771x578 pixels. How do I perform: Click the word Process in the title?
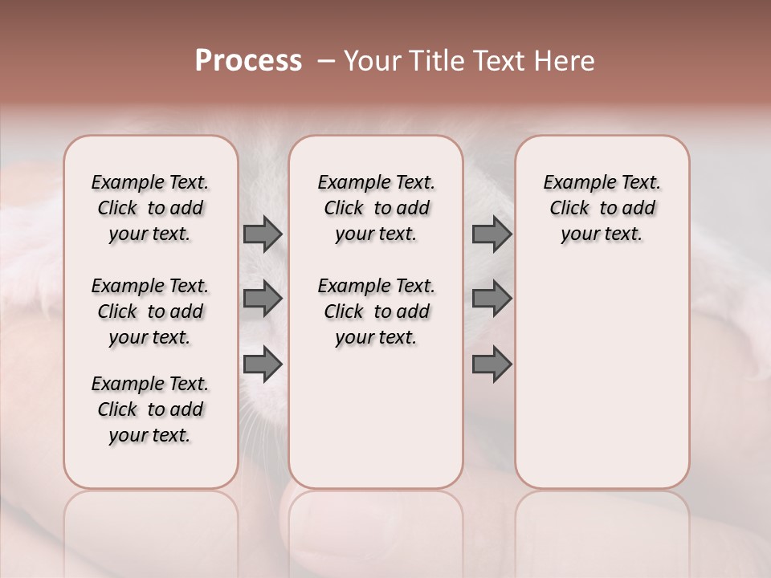[x=248, y=61]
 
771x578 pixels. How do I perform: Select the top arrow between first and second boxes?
[x=263, y=234]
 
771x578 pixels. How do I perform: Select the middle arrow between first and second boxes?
[x=263, y=299]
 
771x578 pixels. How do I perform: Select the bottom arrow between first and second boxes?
[x=263, y=364]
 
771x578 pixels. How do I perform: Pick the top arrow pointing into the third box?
[x=492, y=234]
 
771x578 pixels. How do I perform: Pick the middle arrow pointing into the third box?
[x=492, y=299]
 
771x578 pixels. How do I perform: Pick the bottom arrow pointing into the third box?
[x=492, y=364]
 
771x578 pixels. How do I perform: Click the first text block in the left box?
[x=150, y=208]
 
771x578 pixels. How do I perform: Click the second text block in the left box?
[x=150, y=311]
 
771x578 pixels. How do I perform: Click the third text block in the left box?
[x=150, y=409]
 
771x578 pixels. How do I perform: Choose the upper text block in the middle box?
[x=376, y=208]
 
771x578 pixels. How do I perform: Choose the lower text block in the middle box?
[x=376, y=311]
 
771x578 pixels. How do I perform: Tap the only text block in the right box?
[x=602, y=208]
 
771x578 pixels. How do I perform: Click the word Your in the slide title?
[x=368, y=61]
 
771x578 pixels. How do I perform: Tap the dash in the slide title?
[x=325, y=61]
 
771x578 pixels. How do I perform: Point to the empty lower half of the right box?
[x=602, y=385]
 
